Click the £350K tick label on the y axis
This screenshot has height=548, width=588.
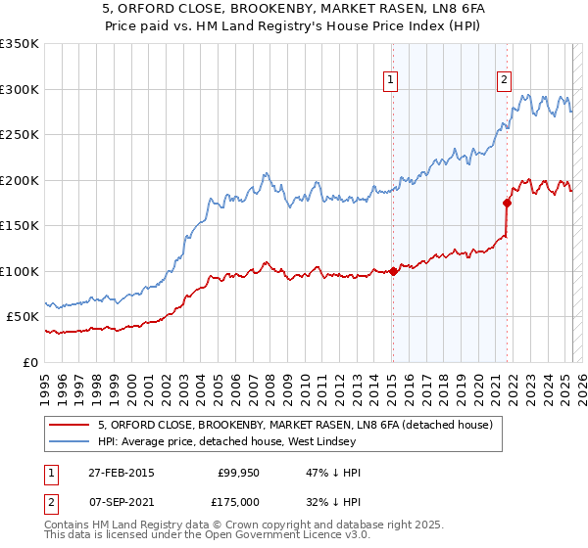[x=19, y=44]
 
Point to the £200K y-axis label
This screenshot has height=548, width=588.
[x=19, y=180]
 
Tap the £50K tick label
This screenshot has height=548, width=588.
[x=22, y=317]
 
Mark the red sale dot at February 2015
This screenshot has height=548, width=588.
[x=393, y=271]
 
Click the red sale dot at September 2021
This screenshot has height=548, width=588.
[x=507, y=204]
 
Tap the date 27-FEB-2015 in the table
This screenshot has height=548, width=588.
[x=121, y=473]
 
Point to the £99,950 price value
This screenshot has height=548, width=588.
[x=236, y=473]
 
